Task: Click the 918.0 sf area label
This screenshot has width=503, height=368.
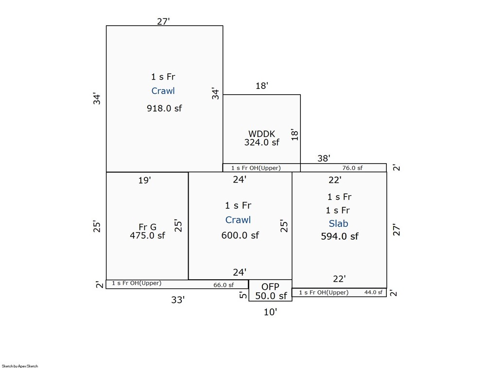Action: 164,108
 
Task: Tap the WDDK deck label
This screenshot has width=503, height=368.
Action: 262,134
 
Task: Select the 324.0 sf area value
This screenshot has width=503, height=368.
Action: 262,142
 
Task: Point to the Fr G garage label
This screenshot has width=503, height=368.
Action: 148,227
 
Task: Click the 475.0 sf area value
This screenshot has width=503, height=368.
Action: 148,235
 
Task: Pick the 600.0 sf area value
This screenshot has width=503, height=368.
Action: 240,235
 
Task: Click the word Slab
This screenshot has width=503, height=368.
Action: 338,223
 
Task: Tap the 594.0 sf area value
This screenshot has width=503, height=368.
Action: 340,236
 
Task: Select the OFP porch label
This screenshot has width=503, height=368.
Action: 270,286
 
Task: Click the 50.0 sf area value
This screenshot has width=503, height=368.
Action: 271,296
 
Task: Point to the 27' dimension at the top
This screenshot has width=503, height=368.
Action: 163,21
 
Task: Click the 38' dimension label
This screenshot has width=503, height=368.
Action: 324,158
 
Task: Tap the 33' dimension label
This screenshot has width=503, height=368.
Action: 178,300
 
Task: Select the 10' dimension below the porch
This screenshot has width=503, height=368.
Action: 270,312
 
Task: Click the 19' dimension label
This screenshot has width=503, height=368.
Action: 145,181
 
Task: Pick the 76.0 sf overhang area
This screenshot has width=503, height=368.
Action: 352,167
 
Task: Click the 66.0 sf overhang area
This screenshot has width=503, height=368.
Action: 224,285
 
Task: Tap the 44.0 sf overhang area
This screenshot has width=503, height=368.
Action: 373,292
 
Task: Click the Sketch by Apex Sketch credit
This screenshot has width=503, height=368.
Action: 20,366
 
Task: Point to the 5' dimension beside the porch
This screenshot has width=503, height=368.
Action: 243,295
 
